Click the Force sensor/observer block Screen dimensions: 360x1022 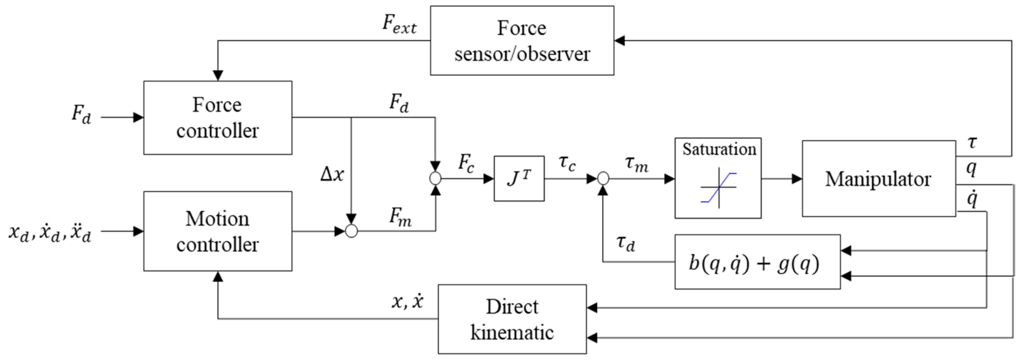coord(522,41)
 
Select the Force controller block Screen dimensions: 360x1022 coord(217,118)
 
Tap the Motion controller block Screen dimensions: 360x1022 coord(217,232)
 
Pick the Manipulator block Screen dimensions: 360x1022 coord(878,178)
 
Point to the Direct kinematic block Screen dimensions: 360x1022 coord(512,319)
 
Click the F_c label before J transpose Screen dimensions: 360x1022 coord(466,163)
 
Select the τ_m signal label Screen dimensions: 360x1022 coord(637,164)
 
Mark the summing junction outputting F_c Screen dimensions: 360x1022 coord(435,178)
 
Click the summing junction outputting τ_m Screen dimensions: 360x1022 coord(603,178)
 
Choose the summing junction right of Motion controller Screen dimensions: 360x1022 coord(351,231)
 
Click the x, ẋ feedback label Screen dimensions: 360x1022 coord(408,302)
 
